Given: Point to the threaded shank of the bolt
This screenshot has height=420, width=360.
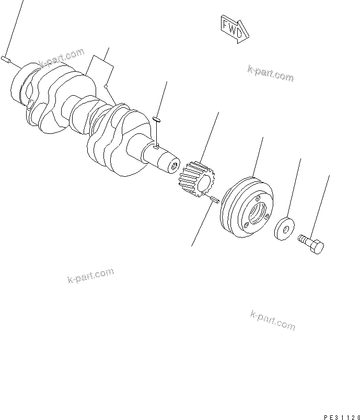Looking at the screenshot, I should [303, 239].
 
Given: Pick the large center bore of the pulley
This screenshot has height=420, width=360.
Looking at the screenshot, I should [257, 212].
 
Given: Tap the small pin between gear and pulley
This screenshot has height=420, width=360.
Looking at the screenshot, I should [213, 200].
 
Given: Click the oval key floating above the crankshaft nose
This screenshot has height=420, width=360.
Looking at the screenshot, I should [156, 119].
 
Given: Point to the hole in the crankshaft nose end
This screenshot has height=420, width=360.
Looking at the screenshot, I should [172, 167].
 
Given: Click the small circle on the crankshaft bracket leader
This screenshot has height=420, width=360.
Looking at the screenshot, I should [106, 85].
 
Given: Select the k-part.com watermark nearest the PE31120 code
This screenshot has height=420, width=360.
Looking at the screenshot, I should [273, 320].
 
